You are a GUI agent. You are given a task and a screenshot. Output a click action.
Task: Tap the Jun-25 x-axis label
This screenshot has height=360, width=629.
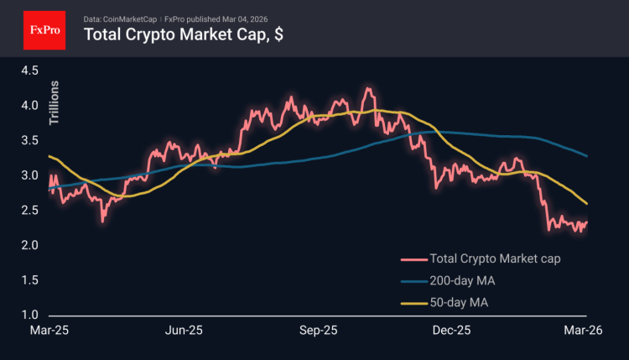click(x=185, y=331)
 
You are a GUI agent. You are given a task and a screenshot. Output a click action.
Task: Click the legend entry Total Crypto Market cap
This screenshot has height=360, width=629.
click(x=494, y=258)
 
